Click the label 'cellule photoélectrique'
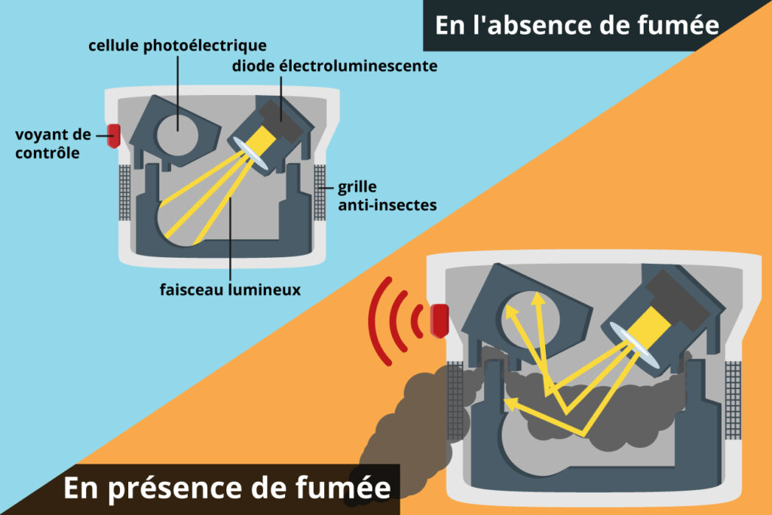[x=177, y=46]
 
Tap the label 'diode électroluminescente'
[x=335, y=66]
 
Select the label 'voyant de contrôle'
[x=54, y=143]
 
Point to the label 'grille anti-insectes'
[x=387, y=195]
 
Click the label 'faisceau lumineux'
[x=230, y=290]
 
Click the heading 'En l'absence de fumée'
[x=577, y=25]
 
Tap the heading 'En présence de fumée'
[x=227, y=487]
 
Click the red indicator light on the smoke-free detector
[x=114, y=136]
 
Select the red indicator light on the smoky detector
[x=440, y=320]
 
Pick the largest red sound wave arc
[x=376, y=321]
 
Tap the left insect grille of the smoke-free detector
[x=124, y=192]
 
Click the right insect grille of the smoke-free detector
[x=320, y=192]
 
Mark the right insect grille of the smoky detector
[x=733, y=400]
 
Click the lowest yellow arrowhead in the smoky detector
[x=512, y=404]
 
